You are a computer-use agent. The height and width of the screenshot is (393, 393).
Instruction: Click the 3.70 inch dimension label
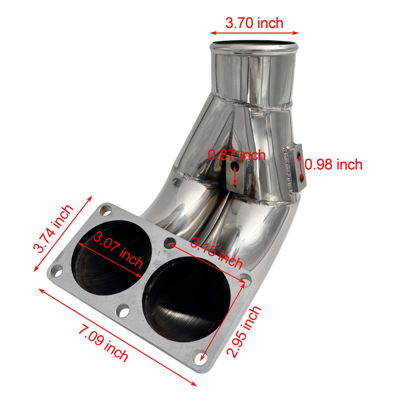tap(254, 23)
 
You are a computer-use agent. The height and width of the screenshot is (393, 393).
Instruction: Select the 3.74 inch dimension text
tap(53, 228)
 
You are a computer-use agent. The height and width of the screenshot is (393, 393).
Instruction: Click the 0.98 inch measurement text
tap(334, 164)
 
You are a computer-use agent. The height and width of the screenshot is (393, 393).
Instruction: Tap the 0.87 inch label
tap(236, 155)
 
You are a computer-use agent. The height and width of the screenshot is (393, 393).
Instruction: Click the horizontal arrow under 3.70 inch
tap(254, 33)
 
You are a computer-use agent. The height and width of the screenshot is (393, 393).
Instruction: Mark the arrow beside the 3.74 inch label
tap(62, 233)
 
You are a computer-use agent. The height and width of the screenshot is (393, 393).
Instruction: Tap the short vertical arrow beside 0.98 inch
tap(301, 165)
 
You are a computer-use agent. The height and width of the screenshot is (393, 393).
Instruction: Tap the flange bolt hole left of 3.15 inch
tap(169, 242)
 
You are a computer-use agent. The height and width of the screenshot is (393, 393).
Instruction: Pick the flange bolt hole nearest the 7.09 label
tap(123, 311)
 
